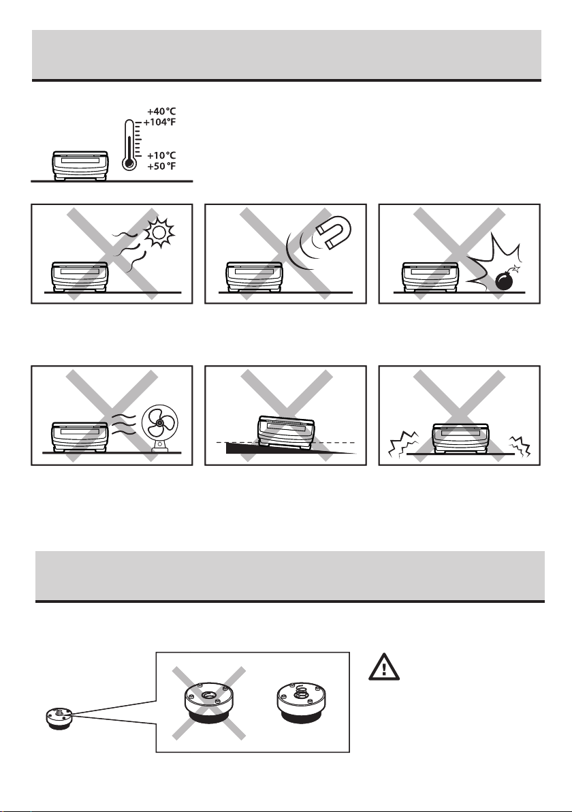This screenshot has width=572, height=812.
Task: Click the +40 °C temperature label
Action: (161, 111)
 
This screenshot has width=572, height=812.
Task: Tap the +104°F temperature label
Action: (159, 122)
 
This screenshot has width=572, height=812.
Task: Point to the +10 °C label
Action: (161, 155)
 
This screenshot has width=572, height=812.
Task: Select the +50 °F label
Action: (161, 166)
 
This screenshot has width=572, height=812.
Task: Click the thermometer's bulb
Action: (129, 163)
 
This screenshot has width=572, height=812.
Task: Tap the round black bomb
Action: (505, 280)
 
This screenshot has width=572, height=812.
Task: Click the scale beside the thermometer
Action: (80, 166)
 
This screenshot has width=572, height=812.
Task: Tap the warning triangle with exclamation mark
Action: (383, 667)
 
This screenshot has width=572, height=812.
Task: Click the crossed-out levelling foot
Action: (209, 703)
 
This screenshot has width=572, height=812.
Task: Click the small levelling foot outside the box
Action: (59, 719)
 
